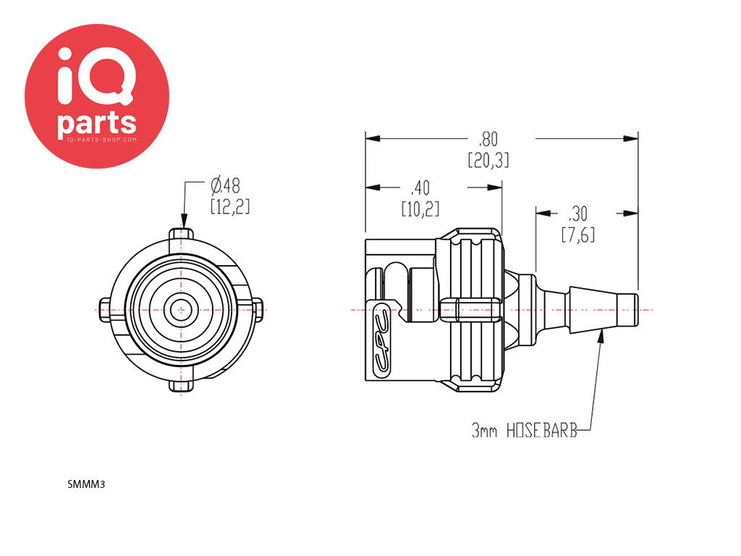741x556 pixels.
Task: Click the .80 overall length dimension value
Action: tap(488, 140)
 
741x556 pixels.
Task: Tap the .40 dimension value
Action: tap(420, 188)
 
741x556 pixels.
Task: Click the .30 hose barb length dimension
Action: tap(577, 214)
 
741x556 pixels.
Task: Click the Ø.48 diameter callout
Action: tap(226, 186)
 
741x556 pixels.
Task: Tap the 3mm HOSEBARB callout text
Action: tap(524, 431)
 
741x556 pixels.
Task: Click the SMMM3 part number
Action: tap(86, 484)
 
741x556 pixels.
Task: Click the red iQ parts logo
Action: tap(97, 96)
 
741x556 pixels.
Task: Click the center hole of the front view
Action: tap(181, 311)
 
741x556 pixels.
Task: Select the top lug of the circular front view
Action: tap(181, 235)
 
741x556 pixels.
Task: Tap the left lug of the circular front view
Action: tap(105, 311)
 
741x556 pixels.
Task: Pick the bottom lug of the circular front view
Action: tap(182, 386)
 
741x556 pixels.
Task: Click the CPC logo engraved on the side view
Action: tap(382, 340)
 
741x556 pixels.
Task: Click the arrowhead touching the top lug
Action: tap(184, 222)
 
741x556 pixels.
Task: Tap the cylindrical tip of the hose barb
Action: tap(628, 310)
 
